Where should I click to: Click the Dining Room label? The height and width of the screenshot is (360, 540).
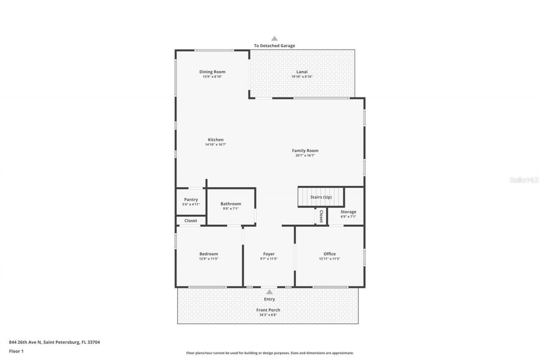(212, 72)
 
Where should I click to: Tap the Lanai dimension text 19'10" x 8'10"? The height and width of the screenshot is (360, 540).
(302, 77)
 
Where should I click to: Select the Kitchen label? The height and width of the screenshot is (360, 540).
(216, 140)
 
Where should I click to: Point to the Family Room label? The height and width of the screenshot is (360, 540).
(305, 151)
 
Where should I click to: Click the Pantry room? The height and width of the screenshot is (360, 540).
(191, 202)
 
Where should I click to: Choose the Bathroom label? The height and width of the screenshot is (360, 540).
(231, 204)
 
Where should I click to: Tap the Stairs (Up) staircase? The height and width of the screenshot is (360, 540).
(321, 197)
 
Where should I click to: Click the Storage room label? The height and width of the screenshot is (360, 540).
(348, 212)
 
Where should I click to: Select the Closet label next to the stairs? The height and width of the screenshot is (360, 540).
(321, 216)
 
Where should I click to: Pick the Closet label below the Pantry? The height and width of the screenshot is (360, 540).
(191, 221)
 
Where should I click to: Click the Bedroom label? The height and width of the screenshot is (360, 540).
(209, 254)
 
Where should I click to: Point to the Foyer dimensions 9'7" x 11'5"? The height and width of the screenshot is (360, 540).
(269, 259)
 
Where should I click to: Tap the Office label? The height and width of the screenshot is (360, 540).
(329, 254)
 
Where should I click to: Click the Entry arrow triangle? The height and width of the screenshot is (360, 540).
(269, 292)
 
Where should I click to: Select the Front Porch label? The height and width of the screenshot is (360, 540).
(268, 310)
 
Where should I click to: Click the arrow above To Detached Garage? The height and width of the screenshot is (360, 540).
(275, 38)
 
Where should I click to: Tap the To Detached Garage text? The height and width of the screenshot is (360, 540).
(275, 46)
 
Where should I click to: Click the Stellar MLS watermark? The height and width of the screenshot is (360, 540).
(524, 180)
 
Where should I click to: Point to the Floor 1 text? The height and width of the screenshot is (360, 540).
(16, 351)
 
